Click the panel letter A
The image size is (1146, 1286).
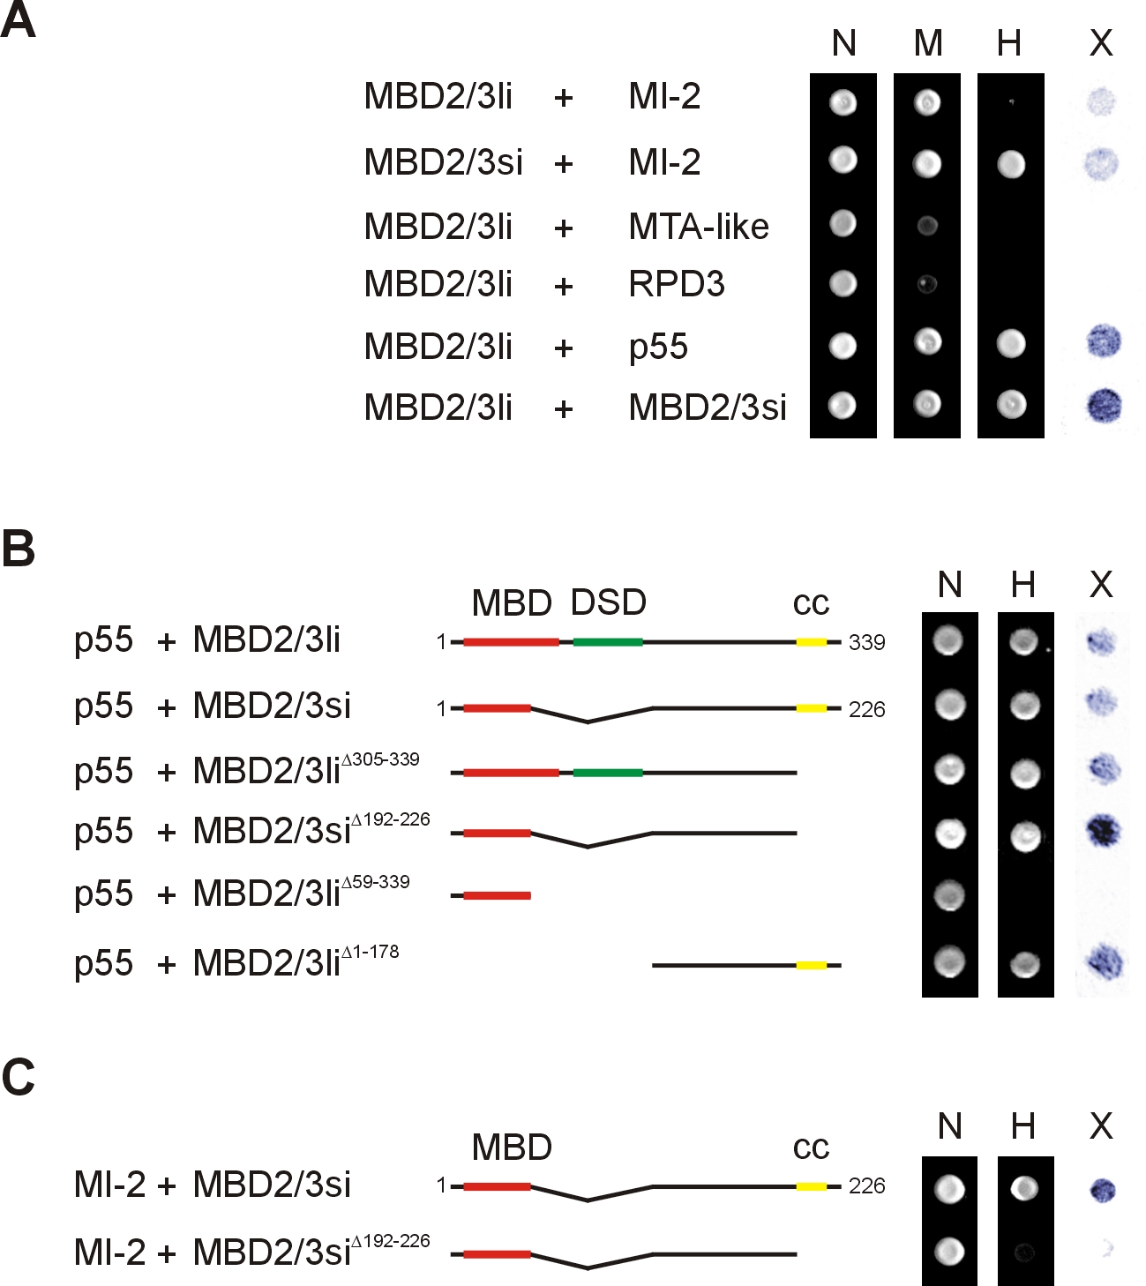tap(18, 20)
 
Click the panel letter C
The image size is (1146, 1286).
tap(19, 1077)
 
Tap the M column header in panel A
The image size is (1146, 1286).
tap(927, 43)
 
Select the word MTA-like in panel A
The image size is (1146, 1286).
tap(699, 227)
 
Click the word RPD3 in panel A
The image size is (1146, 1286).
tap(676, 284)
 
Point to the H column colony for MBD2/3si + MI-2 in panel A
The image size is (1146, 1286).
tap(1011, 164)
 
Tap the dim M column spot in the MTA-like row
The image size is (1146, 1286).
tap(927, 225)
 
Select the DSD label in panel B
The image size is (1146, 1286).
tap(608, 602)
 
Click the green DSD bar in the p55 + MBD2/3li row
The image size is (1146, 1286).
tap(608, 642)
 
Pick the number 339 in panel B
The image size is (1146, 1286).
tap(866, 642)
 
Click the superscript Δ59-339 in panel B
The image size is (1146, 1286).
tap(375, 882)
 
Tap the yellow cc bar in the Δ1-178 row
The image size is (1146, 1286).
tap(812, 966)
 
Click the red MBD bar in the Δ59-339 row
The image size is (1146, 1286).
tap(497, 895)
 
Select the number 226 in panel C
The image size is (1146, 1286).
tap(866, 1185)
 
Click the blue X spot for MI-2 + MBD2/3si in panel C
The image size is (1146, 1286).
tap(1102, 1189)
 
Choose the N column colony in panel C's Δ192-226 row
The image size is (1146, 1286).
tap(949, 1251)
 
